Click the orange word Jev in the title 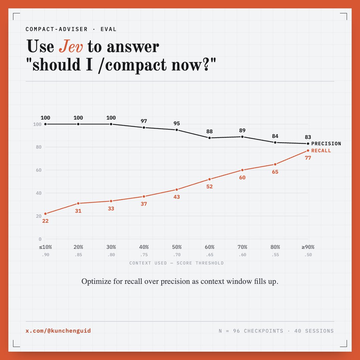pyautogui.click(x=71, y=46)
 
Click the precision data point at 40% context pyautogui.click(x=144, y=128)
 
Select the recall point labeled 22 pyautogui.click(x=45, y=214)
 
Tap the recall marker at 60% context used pyautogui.click(x=209, y=179)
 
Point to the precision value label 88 pyautogui.click(x=209, y=132)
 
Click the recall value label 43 pyautogui.click(x=177, y=197)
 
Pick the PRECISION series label pyautogui.click(x=326, y=144)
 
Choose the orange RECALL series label pyautogui.click(x=321, y=151)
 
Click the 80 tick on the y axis pyautogui.click(x=39, y=147)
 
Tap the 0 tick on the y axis pyautogui.click(x=40, y=239)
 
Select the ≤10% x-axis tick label pyautogui.click(x=45, y=247)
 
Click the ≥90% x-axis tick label pyautogui.click(x=308, y=247)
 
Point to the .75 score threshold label pyautogui.click(x=144, y=255)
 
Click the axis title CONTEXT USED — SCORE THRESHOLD pyautogui.click(x=176, y=263)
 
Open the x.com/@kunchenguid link pyautogui.click(x=58, y=331)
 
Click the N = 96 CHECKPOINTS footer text pyautogui.click(x=251, y=331)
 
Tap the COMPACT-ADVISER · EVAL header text pyautogui.click(x=71, y=29)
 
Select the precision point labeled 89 pyautogui.click(x=242, y=137)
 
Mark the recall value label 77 pyautogui.click(x=308, y=158)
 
